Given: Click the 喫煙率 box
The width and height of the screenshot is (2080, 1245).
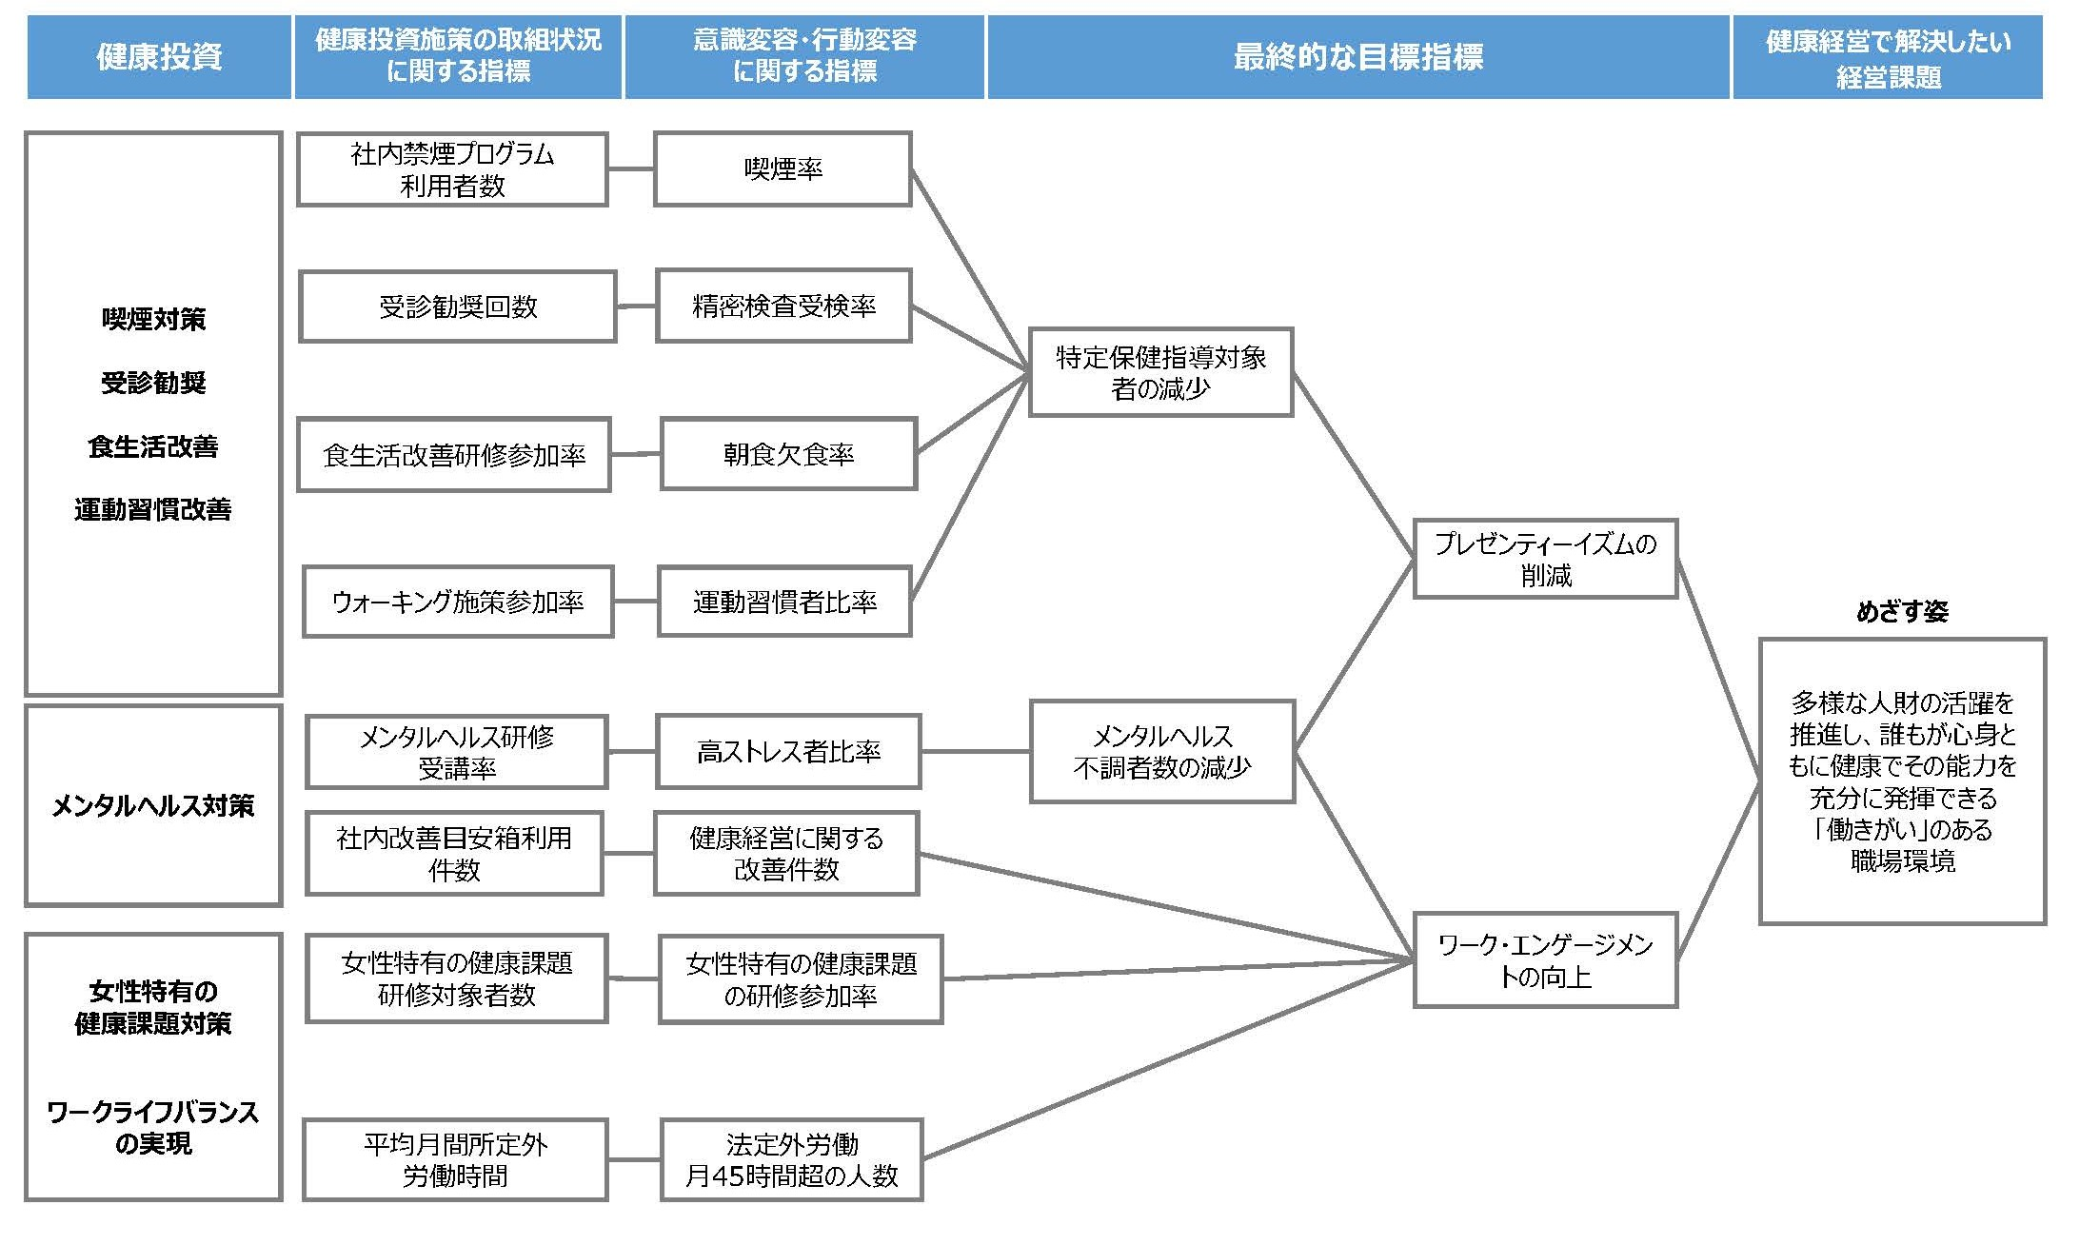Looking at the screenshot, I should coord(782,169).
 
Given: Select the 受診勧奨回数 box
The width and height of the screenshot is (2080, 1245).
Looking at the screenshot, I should coord(458,306).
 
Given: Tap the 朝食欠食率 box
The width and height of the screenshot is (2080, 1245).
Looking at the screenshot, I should coord(788,454).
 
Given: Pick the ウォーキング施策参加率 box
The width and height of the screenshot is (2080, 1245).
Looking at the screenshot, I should coord(458,602).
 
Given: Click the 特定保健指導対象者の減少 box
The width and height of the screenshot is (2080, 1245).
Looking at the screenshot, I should coord(1160,372).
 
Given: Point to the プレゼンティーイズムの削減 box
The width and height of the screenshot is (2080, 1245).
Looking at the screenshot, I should coord(1545,559).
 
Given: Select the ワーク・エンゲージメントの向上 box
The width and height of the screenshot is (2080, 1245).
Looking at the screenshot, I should coord(1545,960).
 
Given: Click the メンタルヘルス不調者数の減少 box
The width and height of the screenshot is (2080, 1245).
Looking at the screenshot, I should coord(1161,752).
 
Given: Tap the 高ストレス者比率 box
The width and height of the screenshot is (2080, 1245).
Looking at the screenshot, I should coord(788,752).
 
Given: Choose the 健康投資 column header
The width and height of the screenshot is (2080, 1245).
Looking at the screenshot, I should coord(159,57).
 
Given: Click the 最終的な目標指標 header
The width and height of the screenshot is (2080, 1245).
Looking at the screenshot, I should coord(1357,57).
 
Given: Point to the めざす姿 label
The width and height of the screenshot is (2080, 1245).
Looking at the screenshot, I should coord(1901,611).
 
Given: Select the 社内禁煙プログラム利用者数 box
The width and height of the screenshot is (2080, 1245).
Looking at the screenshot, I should coord(452,169).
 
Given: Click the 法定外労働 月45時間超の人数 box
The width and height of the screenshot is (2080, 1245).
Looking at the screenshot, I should coord(791,1159).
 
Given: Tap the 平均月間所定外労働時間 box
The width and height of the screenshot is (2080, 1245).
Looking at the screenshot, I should coord(455,1159).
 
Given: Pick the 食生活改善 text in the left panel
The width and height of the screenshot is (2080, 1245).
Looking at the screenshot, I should coord(153,446).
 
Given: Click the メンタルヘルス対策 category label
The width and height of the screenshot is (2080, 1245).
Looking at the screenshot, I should coord(153,805).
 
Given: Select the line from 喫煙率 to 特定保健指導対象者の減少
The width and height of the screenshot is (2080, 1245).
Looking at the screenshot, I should coord(969,269).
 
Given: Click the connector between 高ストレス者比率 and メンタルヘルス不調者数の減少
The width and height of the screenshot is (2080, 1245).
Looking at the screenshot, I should coord(975,752).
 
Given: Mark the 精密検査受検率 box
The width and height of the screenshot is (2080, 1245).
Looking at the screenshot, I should coord(783,306).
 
